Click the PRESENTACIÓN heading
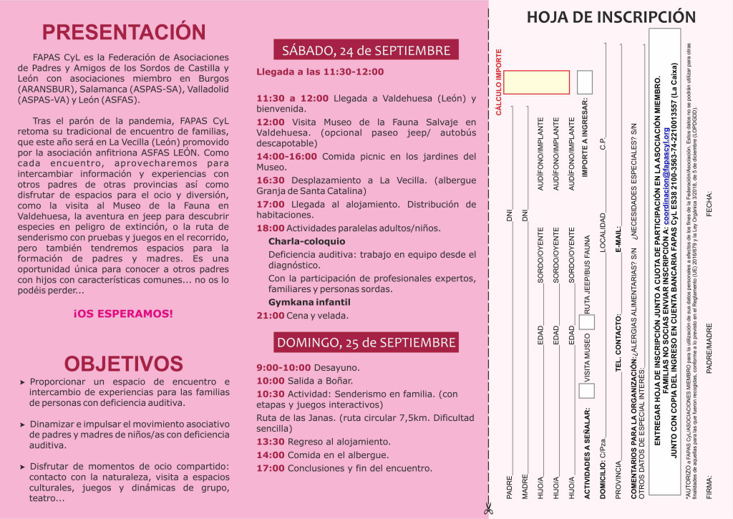pos(124,32)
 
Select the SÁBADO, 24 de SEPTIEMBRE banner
pos(366,50)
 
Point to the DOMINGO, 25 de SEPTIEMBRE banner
pos(366,342)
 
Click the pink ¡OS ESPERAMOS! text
pos(123,314)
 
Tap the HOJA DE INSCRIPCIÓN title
pos(611,17)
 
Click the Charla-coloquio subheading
pos(306,241)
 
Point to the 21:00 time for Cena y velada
pos(271,315)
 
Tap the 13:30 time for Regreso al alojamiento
pos(271,442)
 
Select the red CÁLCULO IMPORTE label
pos(499,82)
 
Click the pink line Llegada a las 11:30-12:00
pos(320,72)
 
